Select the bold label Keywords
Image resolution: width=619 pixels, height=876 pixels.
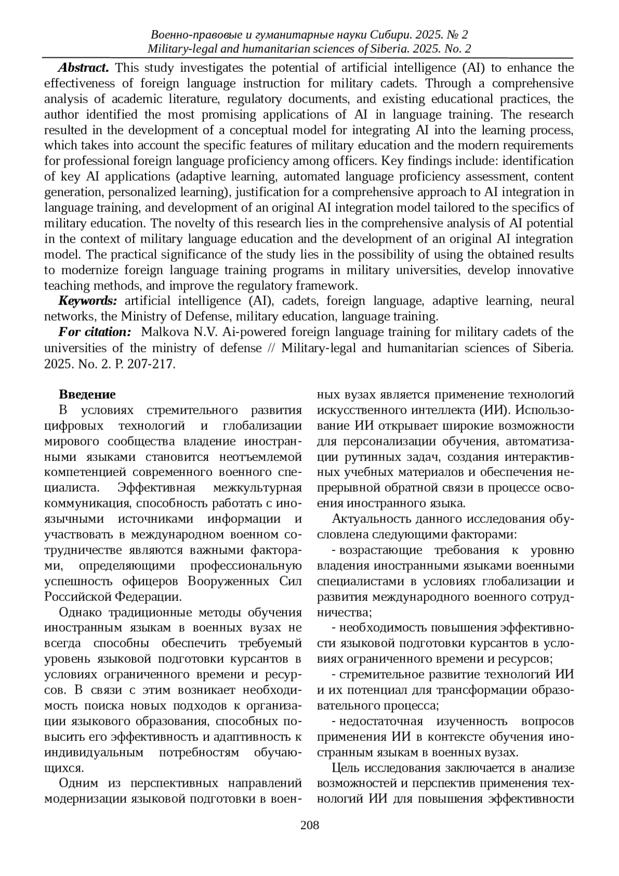88,301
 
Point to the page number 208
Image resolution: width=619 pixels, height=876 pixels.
309,824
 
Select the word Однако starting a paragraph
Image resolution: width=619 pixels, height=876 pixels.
81,613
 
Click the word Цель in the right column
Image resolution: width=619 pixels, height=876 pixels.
344,768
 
